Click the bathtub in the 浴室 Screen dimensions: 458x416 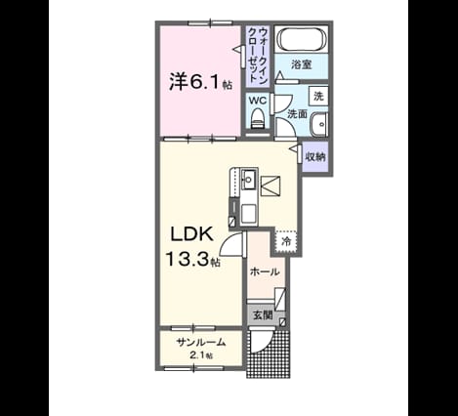(x=301, y=39)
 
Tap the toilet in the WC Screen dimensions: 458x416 (x=258, y=119)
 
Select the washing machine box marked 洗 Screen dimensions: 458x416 (x=318, y=96)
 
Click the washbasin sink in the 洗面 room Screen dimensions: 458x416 (x=319, y=125)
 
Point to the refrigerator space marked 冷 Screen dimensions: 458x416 (x=286, y=241)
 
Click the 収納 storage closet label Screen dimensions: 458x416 (x=314, y=157)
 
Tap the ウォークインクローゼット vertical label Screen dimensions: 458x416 (x=258, y=56)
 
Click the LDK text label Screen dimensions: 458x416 (x=192, y=234)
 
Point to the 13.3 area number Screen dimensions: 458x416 (x=187, y=259)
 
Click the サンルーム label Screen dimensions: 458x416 (x=201, y=342)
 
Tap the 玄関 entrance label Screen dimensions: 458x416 (x=263, y=315)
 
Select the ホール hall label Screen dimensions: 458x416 (x=265, y=271)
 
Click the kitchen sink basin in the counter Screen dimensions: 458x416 (x=249, y=180)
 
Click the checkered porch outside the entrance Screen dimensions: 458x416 (x=268, y=354)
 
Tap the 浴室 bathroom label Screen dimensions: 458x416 (x=302, y=64)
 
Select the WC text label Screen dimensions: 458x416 (x=258, y=101)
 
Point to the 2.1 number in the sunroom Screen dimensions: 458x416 (x=196, y=355)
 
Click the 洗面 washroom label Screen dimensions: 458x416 (x=297, y=114)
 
